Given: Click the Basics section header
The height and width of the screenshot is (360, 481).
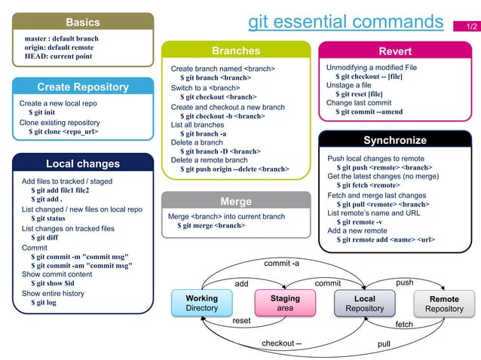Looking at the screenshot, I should (83, 22).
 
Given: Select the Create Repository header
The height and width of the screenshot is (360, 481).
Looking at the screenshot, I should (83, 87).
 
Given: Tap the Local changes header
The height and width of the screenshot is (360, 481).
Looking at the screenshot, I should (83, 163).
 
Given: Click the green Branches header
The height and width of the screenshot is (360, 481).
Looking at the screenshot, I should (236, 51).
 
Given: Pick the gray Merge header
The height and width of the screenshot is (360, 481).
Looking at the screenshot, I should (236, 201).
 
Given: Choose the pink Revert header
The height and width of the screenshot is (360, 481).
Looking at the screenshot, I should (395, 51).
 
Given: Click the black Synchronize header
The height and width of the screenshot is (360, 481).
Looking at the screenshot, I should (395, 140).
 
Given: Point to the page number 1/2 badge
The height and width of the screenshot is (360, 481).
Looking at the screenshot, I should (471, 26).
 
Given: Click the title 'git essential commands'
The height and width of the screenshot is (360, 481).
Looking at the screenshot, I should (346, 21).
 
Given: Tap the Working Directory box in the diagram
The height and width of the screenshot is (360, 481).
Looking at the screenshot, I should (201, 304).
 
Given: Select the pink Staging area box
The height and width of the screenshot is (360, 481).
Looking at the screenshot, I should (284, 304).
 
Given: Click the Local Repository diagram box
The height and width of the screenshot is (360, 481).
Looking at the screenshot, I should (364, 304).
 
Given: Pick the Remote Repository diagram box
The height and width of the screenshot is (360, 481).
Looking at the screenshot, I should (444, 304).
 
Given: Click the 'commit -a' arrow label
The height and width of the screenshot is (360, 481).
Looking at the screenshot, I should (281, 264).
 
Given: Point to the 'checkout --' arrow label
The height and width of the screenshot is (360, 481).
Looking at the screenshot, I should (281, 344).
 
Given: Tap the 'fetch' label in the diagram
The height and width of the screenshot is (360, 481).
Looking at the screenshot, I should (404, 325).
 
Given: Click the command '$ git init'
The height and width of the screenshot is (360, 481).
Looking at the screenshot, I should (41, 113).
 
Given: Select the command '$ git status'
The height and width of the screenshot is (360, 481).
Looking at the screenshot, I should (48, 218).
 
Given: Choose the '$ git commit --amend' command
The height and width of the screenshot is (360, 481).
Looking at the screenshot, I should (369, 112).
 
